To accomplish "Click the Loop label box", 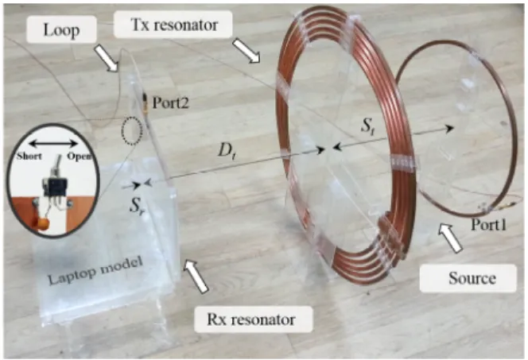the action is pos(61,30).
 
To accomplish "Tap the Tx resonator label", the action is pos(173,25).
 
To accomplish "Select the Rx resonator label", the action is pos(250,319).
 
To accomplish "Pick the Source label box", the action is pos(468,278).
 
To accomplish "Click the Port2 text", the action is pos(170,103).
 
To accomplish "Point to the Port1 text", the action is pos(488,224).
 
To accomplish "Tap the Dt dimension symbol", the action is pos(227,151).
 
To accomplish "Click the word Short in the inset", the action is pos(29,157).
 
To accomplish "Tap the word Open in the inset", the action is pos(80,157).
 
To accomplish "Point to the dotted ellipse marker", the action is pos(132,131).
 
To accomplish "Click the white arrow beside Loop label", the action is pos(106,59).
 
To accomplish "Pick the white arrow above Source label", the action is pos(450,238).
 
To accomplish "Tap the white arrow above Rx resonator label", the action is pos(196,277).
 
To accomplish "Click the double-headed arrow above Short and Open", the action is pos(52,144).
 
